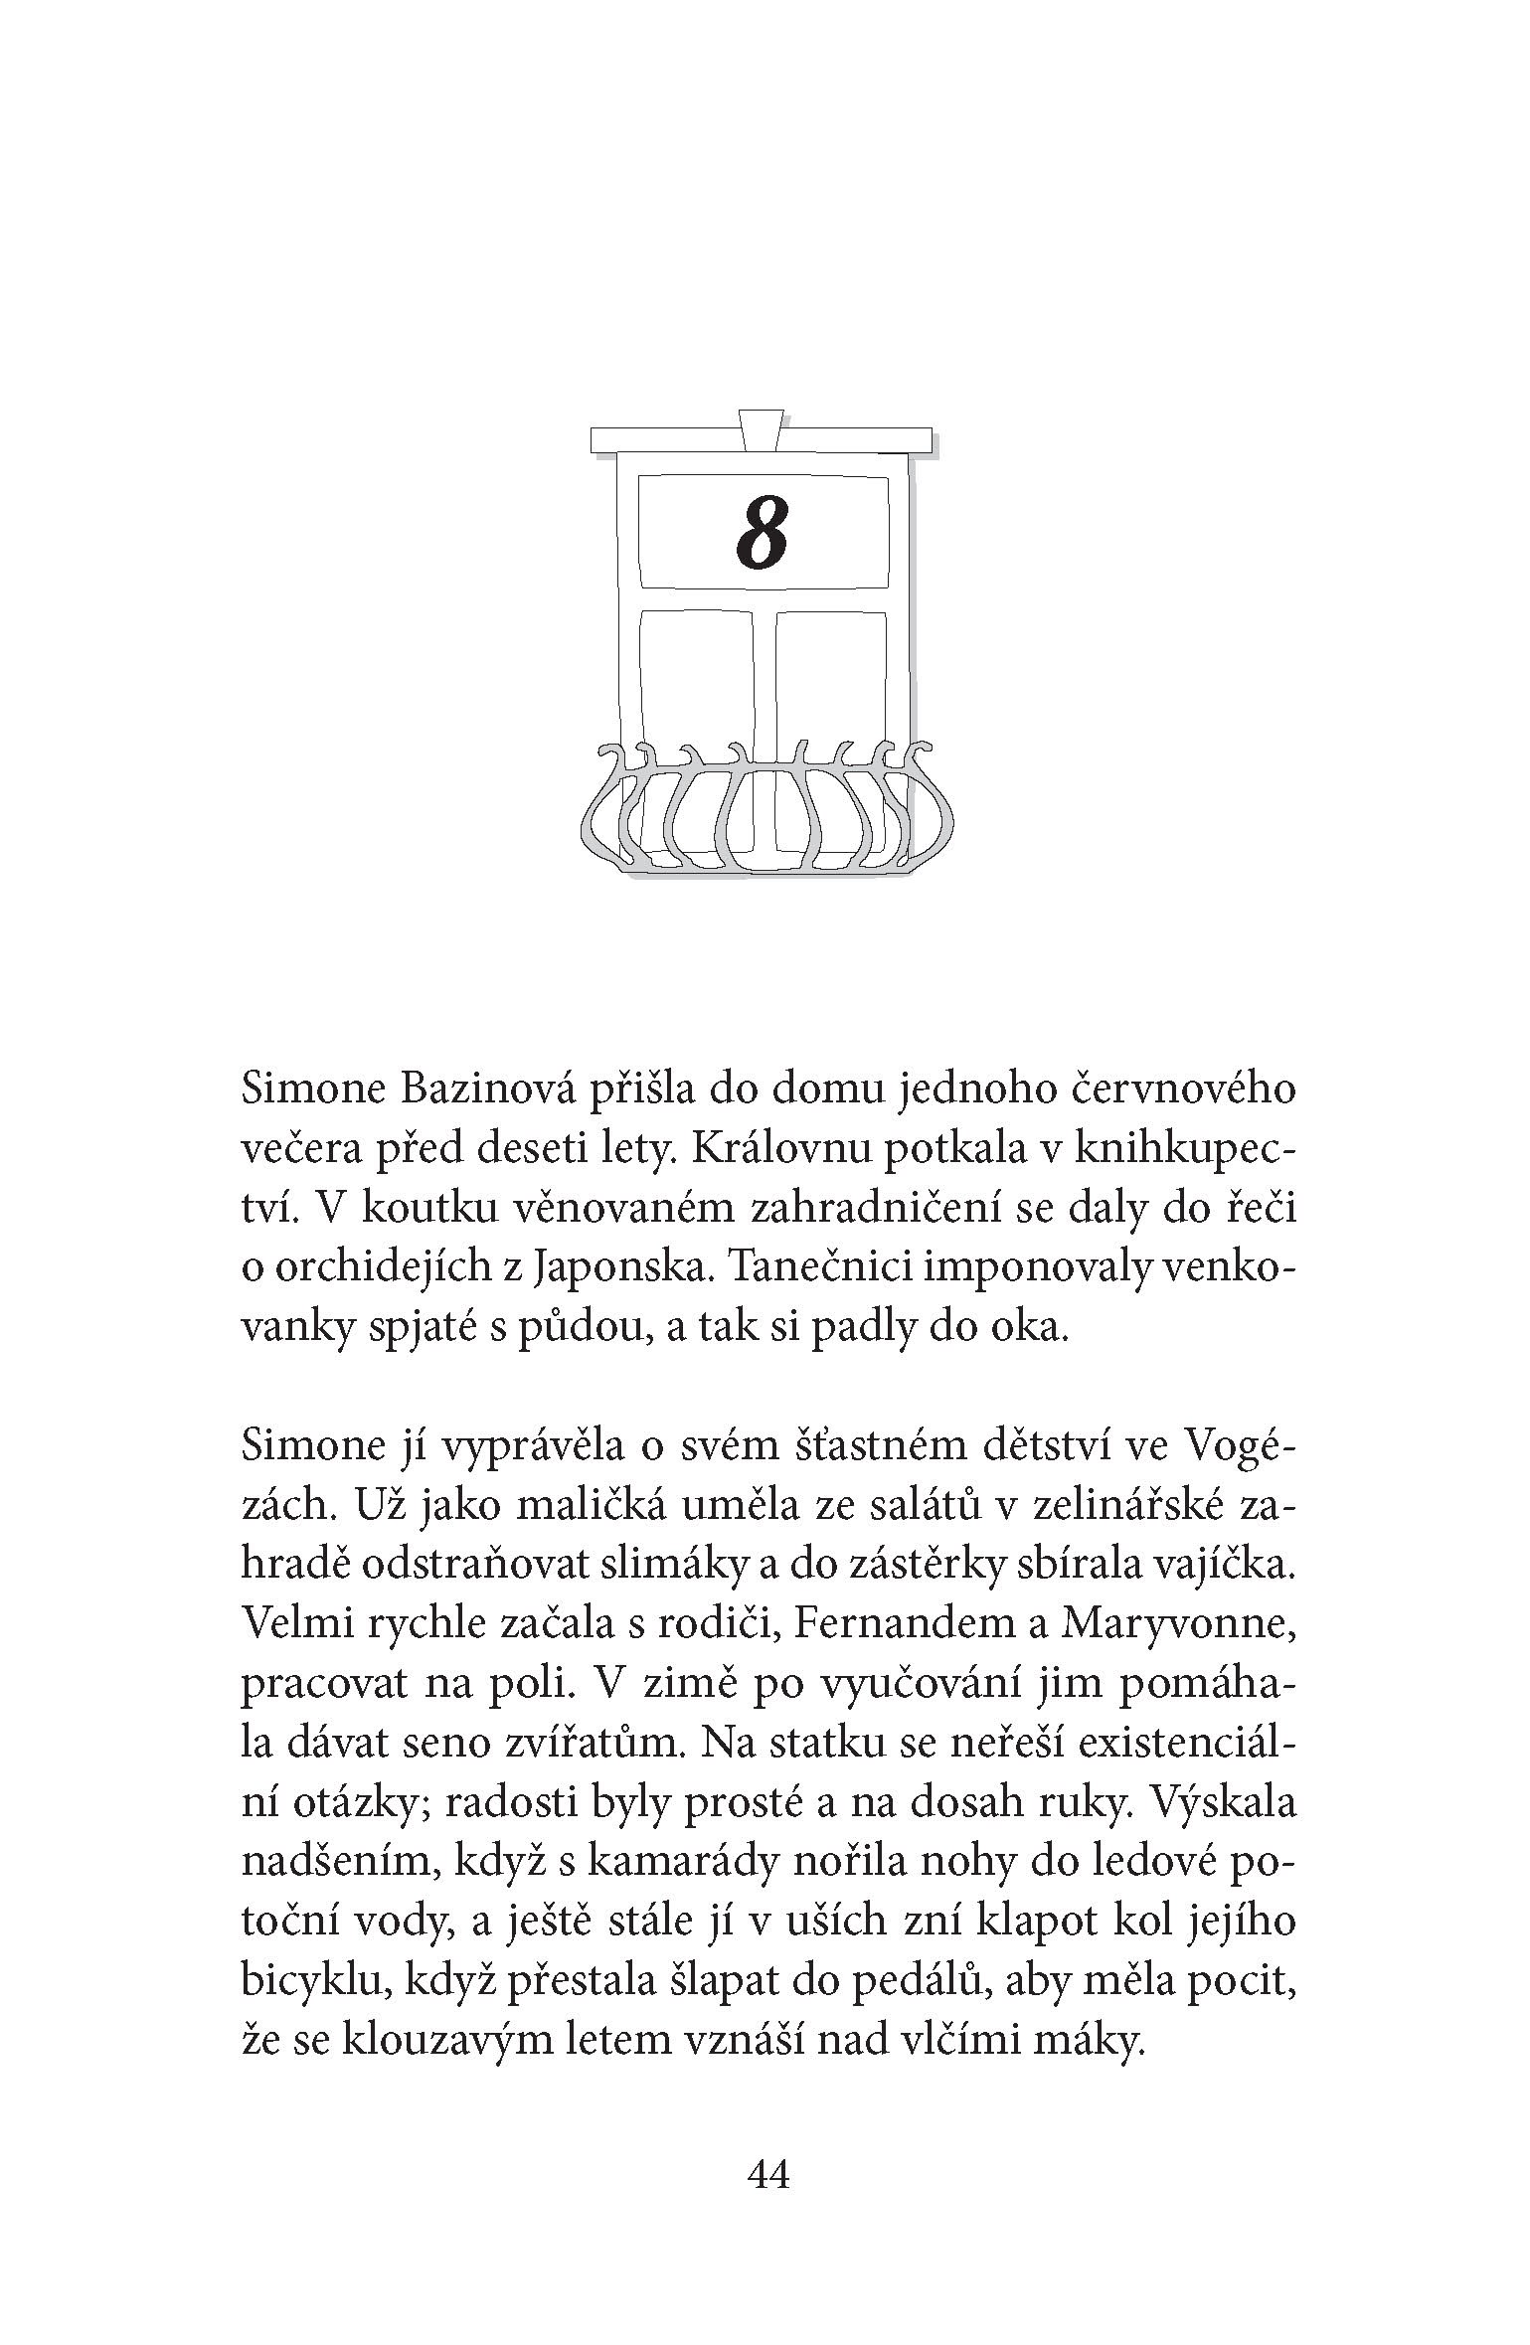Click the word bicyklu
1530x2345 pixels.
click(300, 1983)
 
